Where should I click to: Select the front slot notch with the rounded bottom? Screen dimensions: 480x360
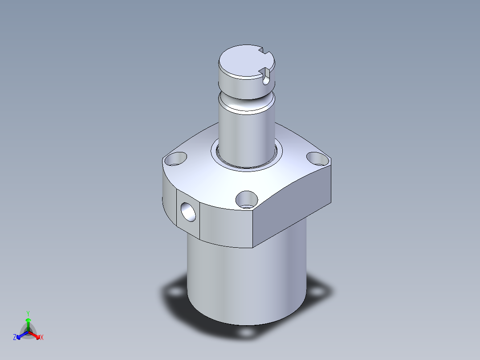[x=266, y=77]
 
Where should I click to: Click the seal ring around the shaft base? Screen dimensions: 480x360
[x=246, y=167]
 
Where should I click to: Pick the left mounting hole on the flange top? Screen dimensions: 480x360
[x=175, y=159]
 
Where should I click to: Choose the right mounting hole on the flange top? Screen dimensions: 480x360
[x=318, y=159]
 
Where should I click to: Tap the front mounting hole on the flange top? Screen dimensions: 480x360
[x=247, y=200]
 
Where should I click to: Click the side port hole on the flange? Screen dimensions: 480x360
[x=188, y=212]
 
